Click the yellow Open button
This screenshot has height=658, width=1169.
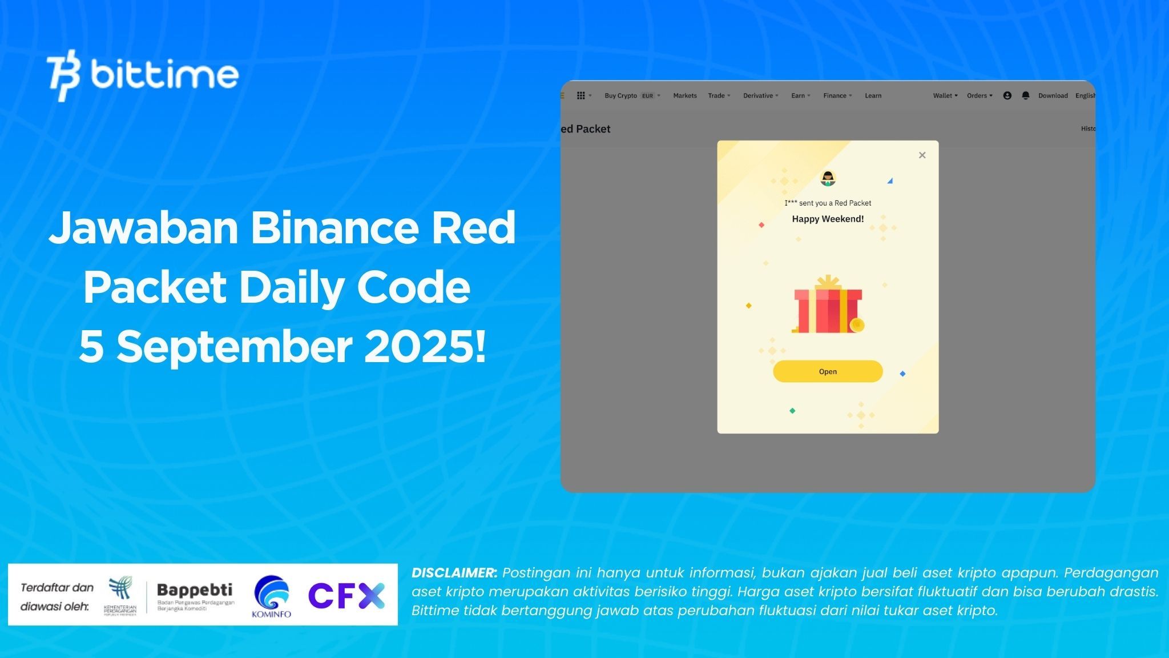[x=828, y=371]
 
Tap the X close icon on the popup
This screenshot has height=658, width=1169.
[x=922, y=155]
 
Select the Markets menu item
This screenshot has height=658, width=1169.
[x=684, y=96]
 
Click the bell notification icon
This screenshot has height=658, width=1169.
[x=1025, y=96]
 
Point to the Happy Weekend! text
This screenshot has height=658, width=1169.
[x=828, y=219]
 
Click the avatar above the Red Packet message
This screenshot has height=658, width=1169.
[x=828, y=179]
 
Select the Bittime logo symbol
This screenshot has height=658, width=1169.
[x=63, y=75]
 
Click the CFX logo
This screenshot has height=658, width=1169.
[x=346, y=596]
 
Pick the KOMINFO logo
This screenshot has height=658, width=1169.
[x=272, y=596]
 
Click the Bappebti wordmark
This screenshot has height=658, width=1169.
[x=195, y=590]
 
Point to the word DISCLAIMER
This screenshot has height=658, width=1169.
[x=454, y=573]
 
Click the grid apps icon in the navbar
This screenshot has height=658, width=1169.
[x=581, y=96]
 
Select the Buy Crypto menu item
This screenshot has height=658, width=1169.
[x=620, y=96]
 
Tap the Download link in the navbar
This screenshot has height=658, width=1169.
[x=1053, y=96]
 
